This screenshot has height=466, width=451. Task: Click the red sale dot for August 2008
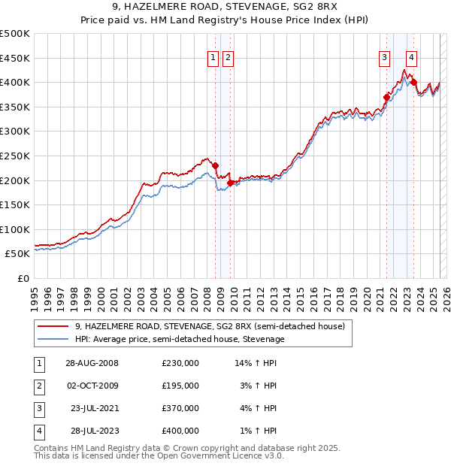click(x=216, y=165)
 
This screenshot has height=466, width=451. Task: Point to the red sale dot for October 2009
click(x=230, y=183)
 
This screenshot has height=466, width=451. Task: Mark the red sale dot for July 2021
click(x=387, y=97)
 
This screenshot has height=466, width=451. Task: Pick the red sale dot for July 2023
click(x=414, y=82)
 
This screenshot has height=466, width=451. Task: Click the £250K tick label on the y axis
click(x=15, y=156)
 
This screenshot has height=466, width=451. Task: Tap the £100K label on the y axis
click(x=15, y=229)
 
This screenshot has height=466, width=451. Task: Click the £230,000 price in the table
click(x=180, y=362)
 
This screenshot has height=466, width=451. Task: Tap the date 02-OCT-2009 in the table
click(x=92, y=386)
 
